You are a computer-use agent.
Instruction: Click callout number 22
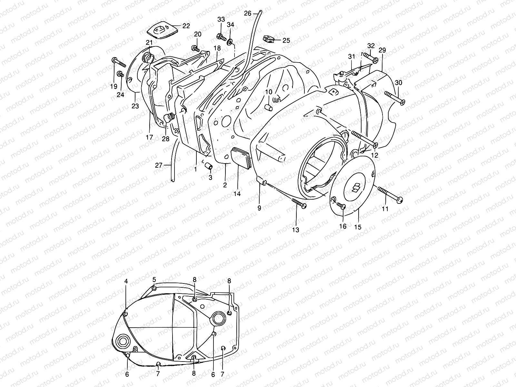pyautogui.click(x=186, y=26)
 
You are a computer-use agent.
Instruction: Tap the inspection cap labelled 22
pyautogui.click(x=160, y=32)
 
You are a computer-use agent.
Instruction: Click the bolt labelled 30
pyautogui.click(x=394, y=98)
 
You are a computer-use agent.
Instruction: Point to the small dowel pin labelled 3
pyautogui.click(x=209, y=166)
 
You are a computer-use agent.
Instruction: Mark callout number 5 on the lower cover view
pyautogui.click(x=154, y=280)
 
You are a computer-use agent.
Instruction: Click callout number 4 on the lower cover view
pyautogui.click(x=126, y=282)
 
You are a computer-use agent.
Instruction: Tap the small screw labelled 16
pyautogui.click(x=341, y=206)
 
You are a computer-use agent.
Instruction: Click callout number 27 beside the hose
pyautogui.click(x=159, y=165)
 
